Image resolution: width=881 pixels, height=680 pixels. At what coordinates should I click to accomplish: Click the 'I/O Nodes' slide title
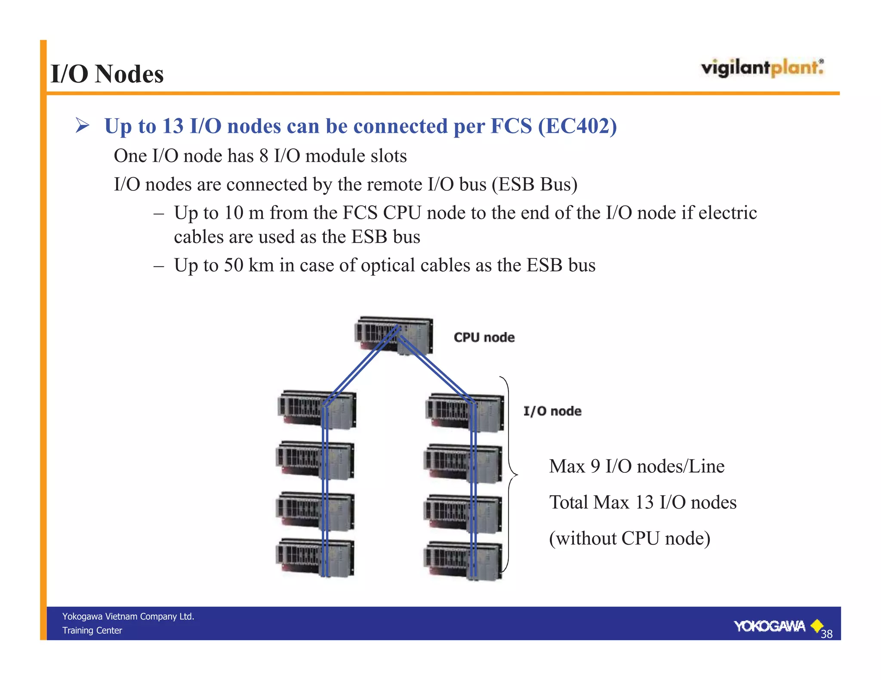(107, 74)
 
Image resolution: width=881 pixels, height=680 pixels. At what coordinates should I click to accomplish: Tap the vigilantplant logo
(762, 68)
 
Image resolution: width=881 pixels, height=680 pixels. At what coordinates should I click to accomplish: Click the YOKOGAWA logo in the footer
(770, 626)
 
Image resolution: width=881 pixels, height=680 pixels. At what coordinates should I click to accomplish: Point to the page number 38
(826, 634)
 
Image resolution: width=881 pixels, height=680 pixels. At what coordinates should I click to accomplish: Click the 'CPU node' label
(484, 337)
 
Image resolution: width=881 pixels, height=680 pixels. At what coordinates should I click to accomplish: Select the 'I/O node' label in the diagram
(552, 411)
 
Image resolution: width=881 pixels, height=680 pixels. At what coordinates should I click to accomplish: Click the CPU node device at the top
(394, 335)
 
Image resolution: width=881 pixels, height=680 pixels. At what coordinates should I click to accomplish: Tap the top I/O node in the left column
(317, 409)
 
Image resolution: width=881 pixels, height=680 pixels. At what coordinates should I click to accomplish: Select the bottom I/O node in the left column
(315, 557)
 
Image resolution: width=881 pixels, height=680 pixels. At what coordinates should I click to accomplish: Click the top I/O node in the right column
(465, 412)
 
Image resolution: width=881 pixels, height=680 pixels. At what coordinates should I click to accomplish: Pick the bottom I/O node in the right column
(463, 561)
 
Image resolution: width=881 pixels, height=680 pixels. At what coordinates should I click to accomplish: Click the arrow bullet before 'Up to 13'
(82, 126)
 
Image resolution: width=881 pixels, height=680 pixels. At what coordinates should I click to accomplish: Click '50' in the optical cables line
(233, 265)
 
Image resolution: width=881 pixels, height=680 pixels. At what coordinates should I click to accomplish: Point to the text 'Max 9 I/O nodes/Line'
(637, 466)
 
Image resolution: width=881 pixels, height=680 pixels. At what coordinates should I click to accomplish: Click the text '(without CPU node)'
(629, 538)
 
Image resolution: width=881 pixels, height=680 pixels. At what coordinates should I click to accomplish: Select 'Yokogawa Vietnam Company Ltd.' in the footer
(128, 616)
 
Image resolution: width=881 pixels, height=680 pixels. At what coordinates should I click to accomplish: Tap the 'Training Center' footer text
(92, 631)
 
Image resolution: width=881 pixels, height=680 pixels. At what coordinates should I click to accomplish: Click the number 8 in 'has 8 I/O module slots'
(264, 156)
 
